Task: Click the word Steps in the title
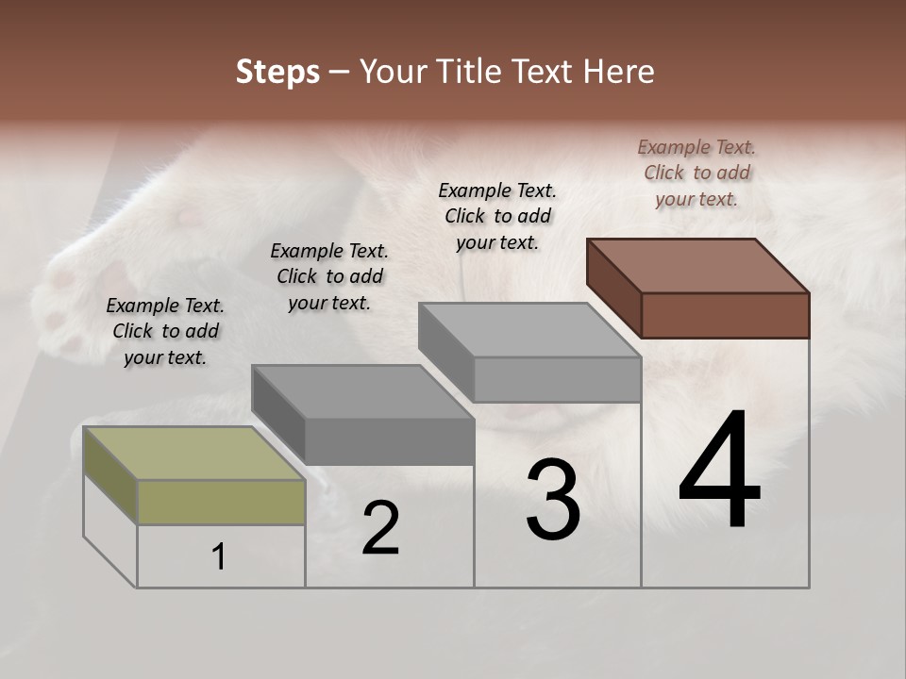(x=277, y=72)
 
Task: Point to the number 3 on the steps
(x=553, y=500)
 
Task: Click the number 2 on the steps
(x=380, y=528)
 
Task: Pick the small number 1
(x=219, y=556)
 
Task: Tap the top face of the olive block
(x=193, y=453)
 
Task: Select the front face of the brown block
(x=725, y=315)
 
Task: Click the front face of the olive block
(x=221, y=502)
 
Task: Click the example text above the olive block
(x=165, y=331)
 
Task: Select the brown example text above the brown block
(x=696, y=173)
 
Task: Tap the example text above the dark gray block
(x=329, y=276)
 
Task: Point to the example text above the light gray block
(x=497, y=216)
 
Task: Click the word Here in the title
(x=620, y=72)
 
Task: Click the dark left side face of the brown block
(x=613, y=288)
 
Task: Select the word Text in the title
(x=548, y=72)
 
